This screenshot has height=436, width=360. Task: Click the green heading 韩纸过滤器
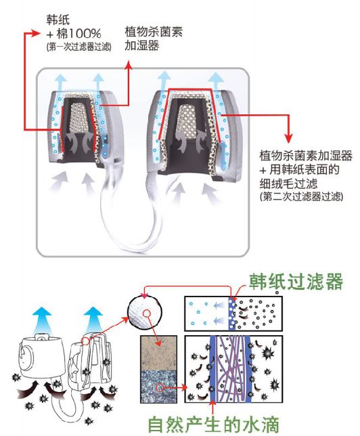pyautogui.click(x=296, y=282)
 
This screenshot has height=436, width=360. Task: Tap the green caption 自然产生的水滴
pyautogui.click(x=213, y=424)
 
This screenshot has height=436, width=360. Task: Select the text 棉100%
pyautogui.click(x=78, y=34)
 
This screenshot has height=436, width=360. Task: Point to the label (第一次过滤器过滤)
pyautogui.click(x=79, y=47)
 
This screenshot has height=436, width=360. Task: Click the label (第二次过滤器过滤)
pyautogui.click(x=301, y=196)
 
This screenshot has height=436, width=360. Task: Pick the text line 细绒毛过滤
pyautogui.click(x=288, y=183)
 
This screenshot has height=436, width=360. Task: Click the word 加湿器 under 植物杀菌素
pyautogui.click(x=142, y=45)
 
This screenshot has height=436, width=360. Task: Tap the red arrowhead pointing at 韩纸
pyautogui.click(x=37, y=33)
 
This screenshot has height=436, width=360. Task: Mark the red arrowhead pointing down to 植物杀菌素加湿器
pyautogui.click(x=289, y=138)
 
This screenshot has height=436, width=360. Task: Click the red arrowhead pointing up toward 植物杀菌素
pyautogui.click(x=129, y=65)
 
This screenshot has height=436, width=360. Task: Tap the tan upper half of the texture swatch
pyautogui.click(x=159, y=353)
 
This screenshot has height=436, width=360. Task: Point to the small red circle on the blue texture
pyautogui.click(x=160, y=387)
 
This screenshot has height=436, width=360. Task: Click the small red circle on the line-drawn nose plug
pyautogui.click(x=86, y=341)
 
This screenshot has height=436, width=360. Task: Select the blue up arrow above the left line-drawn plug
pyautogui.click(x=42, y=320)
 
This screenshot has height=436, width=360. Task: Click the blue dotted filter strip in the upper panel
pyautogui.click(x=232, y=313)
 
